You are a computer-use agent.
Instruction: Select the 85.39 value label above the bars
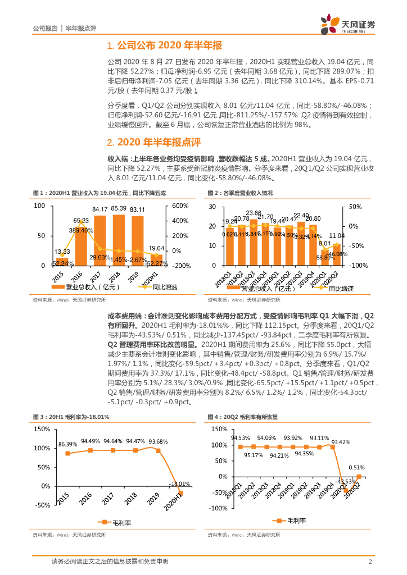pos(119,209)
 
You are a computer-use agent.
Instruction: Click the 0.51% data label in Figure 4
pos(356,467)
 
